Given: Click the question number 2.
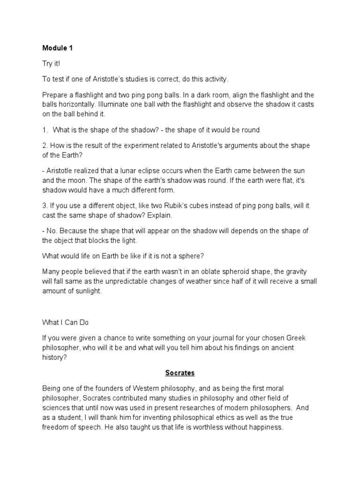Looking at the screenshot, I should [x=45, y=145].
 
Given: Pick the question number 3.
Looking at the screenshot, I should [x=45, y=205].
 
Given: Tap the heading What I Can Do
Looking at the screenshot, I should [x=65, y=323].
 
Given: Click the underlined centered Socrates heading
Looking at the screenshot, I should [x=180, y=373].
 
